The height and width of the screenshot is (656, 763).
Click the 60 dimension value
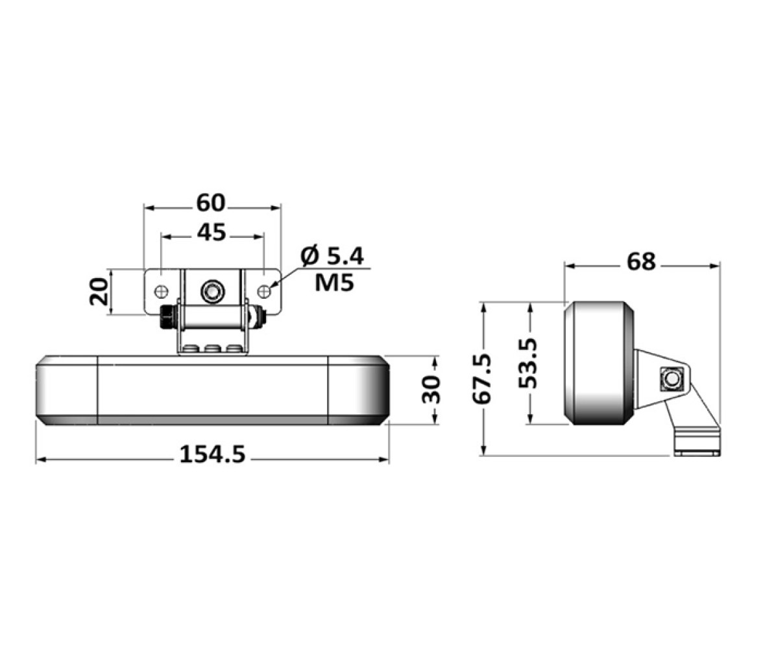pyautogui.click(x=212, y=204)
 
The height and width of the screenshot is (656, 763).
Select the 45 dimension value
pyautogui.click(x=212, y=233)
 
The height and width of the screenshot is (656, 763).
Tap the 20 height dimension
pyautogui.click(x=99, y=291)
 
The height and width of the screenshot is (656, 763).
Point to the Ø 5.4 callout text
pyautogui.click(x=332, y=256)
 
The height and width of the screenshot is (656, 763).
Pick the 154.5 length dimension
pyautogui.click(x=213, y=454)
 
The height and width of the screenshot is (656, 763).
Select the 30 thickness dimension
pyautogui.click(x=431, y=389)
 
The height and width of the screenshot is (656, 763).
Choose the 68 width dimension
pyautogui.click(x=641, y=262)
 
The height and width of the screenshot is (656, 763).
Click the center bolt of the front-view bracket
pyautogui.click(x=212, y=292)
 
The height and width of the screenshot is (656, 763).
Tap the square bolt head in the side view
pyautogui.click(x=672, y=378)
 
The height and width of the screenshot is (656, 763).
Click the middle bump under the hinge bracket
pyautogui.click(x=212, y=349)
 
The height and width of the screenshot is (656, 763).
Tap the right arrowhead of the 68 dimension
pyautogui.click(x=714, y=266)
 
